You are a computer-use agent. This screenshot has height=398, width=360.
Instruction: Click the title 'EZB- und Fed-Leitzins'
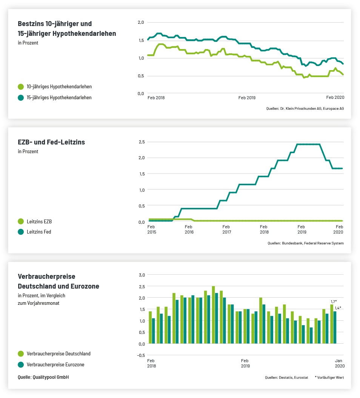[51, 142]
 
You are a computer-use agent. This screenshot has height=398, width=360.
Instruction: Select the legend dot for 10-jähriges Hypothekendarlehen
[21, 87]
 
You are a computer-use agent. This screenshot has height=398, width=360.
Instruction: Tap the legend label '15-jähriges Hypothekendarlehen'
[59, 97]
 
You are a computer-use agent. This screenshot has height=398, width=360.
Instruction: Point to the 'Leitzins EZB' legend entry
[39, 221]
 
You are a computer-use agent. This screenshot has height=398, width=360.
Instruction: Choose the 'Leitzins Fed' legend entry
[39, 232]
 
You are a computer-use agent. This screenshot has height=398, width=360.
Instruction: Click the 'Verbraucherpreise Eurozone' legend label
[55, 364]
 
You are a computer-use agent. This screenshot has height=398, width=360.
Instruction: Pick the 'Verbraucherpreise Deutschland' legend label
[58, 354]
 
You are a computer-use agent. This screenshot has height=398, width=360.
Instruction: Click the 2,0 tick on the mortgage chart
[141, 22]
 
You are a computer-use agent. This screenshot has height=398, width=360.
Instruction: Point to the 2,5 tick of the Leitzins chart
[142, 142]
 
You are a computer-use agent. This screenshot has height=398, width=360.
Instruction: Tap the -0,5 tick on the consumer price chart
[141, 355]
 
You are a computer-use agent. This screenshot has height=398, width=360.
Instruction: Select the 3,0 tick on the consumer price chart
[142, 275]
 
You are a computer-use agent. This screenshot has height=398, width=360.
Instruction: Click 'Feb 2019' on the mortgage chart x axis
[247, 98]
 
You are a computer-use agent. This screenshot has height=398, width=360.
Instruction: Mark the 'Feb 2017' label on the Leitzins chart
[226, 229]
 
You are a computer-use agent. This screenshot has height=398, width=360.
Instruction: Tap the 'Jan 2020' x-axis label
[339, 363]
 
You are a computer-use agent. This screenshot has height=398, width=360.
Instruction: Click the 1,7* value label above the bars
[334, 301]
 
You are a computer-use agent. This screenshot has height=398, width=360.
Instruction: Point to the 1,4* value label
[338, 308]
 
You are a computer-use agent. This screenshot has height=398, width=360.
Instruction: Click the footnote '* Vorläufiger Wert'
[329, 377]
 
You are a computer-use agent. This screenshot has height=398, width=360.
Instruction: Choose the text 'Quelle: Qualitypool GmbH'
[43, 377]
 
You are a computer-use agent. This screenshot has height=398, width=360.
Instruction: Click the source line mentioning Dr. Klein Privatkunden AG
[305, 109]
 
